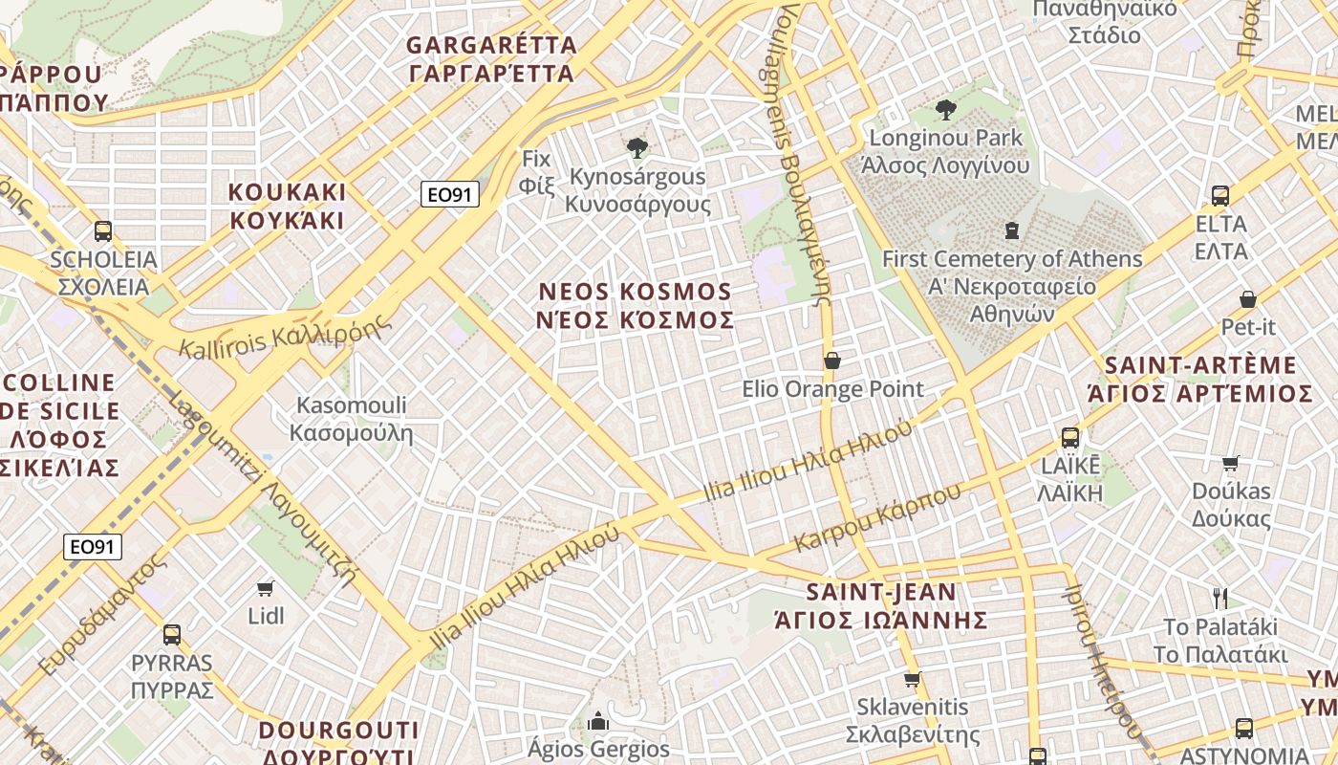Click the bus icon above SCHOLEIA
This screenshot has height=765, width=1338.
coord(103,231)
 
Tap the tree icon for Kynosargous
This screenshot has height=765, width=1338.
coord(637,148)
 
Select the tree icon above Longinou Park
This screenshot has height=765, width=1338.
coord(946,110)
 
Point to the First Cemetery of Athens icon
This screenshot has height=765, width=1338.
coord(1011,230)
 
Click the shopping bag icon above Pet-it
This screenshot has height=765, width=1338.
coord(1247,299)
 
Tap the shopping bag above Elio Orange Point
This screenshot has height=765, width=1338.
coord(832,361)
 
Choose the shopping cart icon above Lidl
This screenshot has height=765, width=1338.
coord(266,588)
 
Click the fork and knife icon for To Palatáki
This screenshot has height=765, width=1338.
coord(1219,599)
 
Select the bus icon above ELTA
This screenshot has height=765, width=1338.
coord(1220,196)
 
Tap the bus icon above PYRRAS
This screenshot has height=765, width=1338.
coord(172,634)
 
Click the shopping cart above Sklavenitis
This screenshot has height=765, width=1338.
coord(912,680)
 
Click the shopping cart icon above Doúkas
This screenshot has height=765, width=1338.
coord(1231,464)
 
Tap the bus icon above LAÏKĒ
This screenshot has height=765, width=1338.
coord(1070,438)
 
